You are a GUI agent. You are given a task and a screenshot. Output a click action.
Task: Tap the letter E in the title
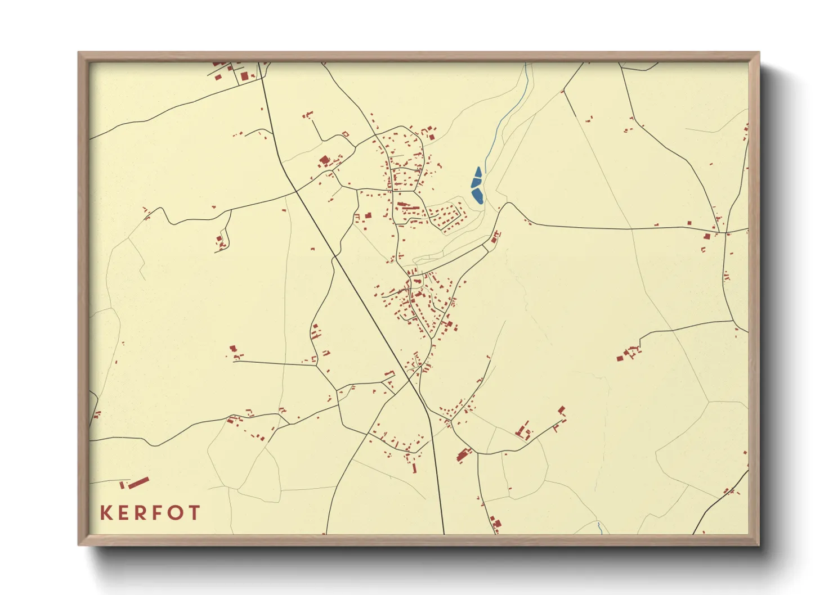126,513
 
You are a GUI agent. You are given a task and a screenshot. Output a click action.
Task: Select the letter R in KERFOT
143,513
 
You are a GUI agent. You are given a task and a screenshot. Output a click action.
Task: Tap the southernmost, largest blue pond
478,196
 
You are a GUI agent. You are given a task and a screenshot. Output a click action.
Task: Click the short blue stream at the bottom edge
600,528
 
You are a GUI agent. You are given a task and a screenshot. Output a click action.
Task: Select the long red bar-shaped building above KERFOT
138,482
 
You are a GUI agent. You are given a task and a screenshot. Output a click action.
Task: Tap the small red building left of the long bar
122,485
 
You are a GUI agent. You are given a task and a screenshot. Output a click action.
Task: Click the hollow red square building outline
346,134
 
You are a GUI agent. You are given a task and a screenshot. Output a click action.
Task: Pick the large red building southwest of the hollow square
324,161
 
